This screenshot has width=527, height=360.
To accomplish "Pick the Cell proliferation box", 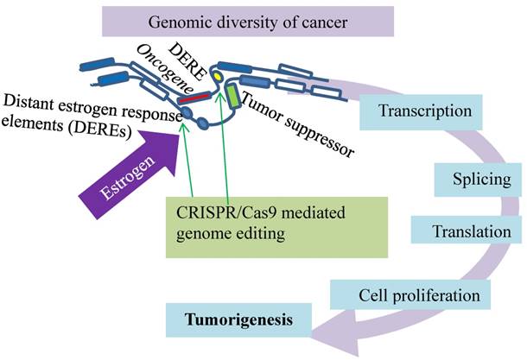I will click(x=418, y=295).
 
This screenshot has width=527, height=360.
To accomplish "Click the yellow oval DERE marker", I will click(x=219, y=78).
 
